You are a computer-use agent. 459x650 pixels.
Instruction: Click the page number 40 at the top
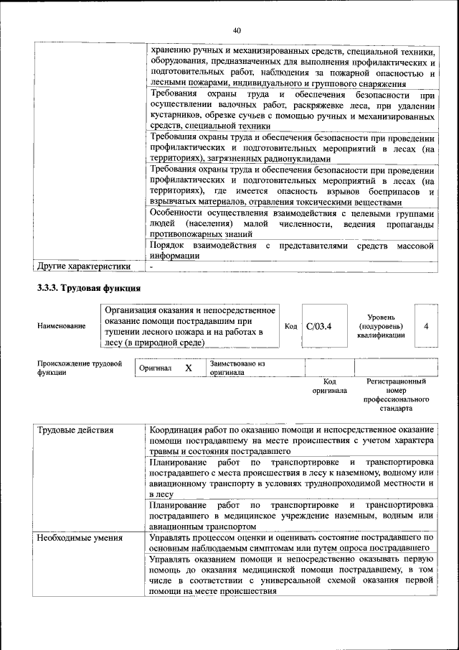coord(237,29)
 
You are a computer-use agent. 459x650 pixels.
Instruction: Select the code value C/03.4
coord(319,326)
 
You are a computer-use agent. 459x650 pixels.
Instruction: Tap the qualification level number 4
coord(426,326)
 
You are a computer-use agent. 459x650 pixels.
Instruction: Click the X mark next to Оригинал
coord(189,368)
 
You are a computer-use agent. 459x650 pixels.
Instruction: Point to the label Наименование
coord(61,326)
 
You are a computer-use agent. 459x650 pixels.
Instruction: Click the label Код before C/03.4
coord(290,326)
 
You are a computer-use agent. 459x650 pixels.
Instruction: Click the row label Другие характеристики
coord(84,266)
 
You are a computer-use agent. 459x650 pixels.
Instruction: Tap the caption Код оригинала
coord(329,386)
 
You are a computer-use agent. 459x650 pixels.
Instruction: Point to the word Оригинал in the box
coord(156,368)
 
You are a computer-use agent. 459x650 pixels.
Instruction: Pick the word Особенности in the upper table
coord(179,213)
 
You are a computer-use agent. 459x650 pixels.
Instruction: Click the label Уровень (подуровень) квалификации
coord(385,326)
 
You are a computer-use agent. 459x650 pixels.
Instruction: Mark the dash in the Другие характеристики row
coord(151,266)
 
